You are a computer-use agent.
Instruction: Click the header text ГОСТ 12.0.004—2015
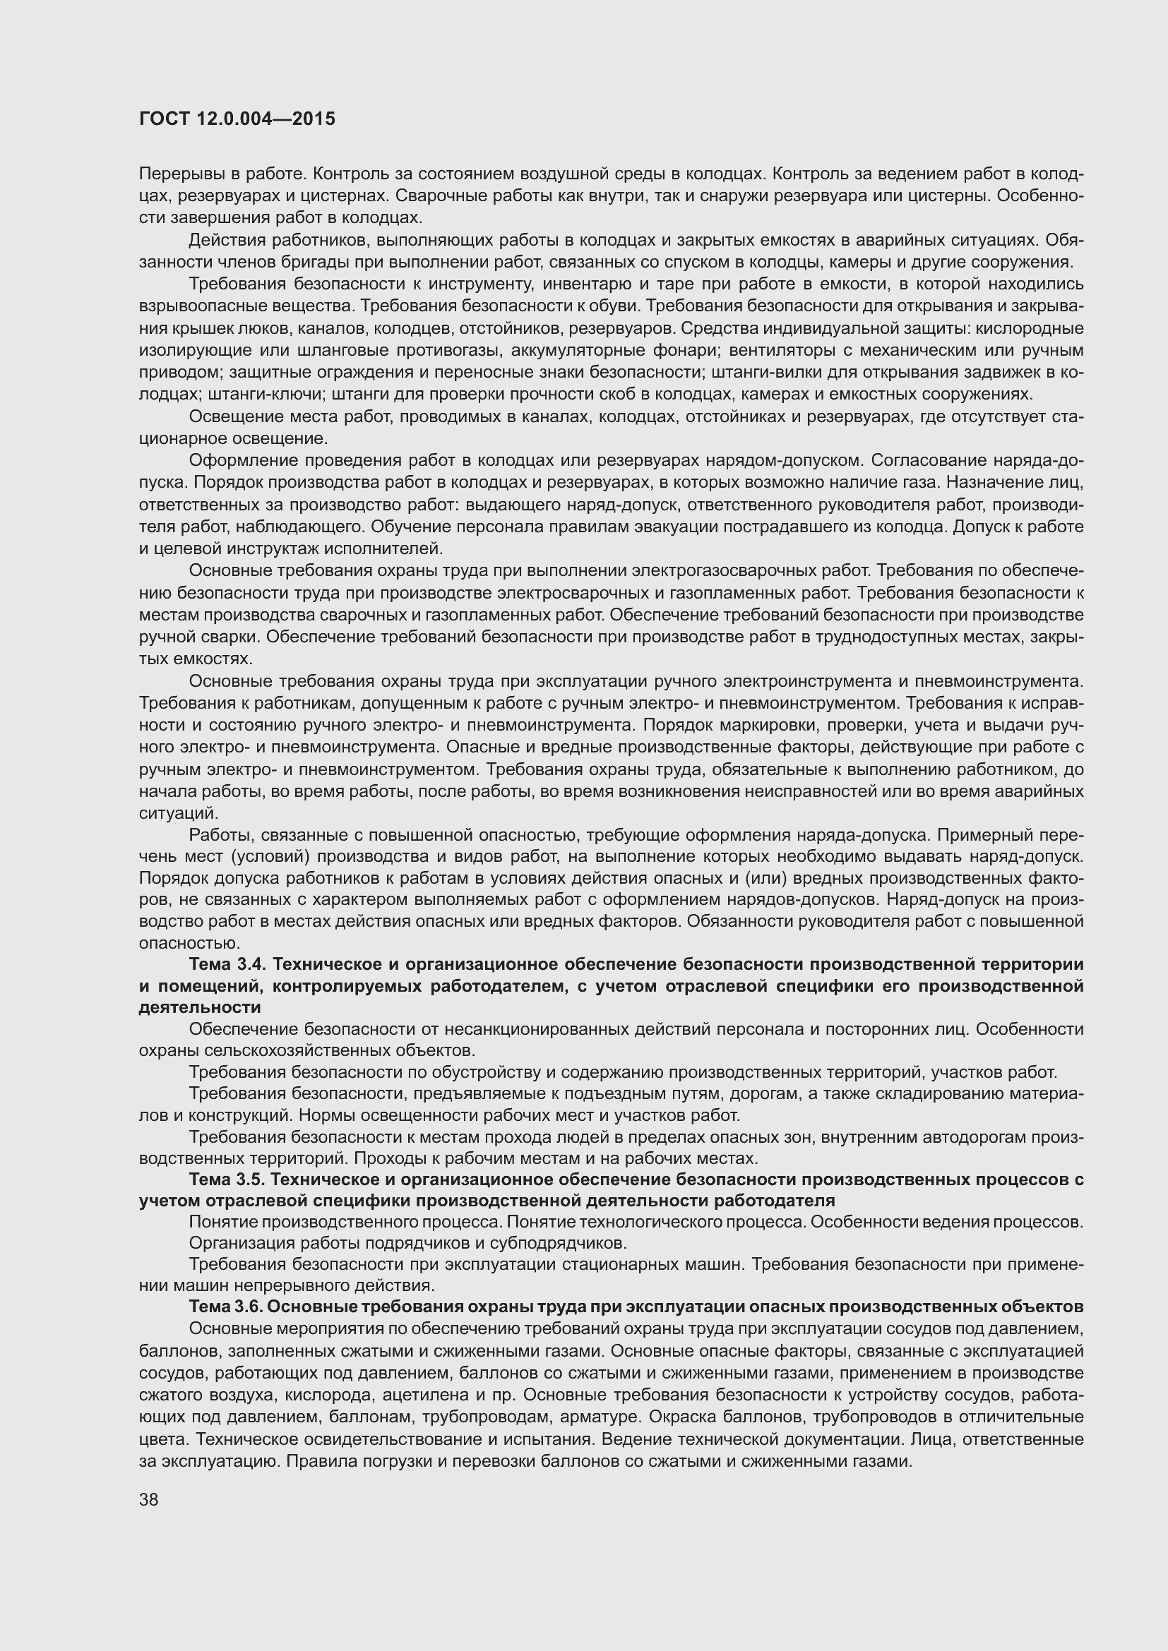point(237,119)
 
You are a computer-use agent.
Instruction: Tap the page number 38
point(148,1500)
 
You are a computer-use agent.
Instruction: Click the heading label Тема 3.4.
point(227,963)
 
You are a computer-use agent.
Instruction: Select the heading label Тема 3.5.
point(227,1179)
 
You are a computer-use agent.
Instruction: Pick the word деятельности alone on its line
point(199,1007)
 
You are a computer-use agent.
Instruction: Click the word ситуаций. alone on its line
point(178,813)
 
